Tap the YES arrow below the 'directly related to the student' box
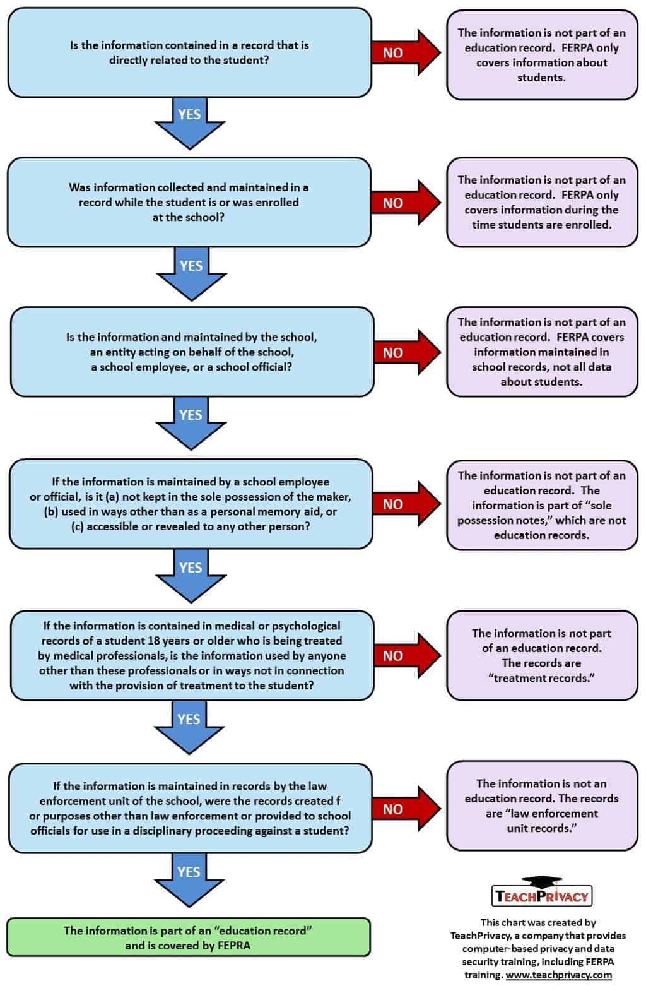point(189,121)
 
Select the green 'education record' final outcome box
point(188,937)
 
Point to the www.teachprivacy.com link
point(558,974)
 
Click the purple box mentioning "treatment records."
point(542,655)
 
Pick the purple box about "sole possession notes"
point(542,505)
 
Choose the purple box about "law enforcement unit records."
point(542,806)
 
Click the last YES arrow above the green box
point(189,879)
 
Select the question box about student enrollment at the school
point(189,202)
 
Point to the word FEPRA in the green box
point(232,946)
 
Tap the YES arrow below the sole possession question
point(191,574)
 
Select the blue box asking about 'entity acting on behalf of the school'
point(192,352)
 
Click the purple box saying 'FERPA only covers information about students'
point(542,55)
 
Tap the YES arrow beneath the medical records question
point(189,727)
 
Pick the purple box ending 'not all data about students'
point(542,352)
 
